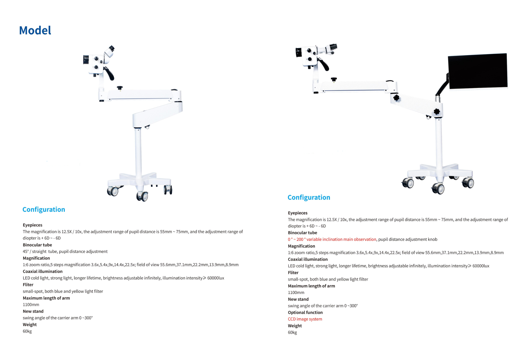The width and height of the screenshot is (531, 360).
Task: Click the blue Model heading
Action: (x=35, y=31)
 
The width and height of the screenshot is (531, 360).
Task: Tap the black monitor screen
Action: (x=477, y=71)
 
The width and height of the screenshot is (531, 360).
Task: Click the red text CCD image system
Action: (x=305, y=319)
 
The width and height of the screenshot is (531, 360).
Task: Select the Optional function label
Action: (x=305, y=313)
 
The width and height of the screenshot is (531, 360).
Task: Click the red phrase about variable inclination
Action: (x=332, y=239)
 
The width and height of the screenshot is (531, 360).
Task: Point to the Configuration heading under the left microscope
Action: (x=44, y=210)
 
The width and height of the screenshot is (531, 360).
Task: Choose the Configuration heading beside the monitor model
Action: (x=309, y=197)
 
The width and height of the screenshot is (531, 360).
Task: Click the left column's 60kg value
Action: (x=27, y=331)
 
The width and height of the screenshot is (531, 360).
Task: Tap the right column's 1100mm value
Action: (x=296, y=293)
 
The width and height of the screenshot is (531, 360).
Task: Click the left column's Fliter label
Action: (x=28, y=285)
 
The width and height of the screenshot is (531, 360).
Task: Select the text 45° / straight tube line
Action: (x=65, y=251)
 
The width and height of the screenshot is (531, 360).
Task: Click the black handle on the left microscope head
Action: (x=109, y=74)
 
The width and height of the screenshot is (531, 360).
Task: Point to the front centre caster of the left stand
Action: (x=143, y=196)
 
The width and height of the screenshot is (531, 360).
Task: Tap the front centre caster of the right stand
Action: (x=438, y=189)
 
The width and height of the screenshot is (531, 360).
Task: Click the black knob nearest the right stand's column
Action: (x=437, y=112)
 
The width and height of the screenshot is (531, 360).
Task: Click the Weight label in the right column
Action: (x=295, y=326)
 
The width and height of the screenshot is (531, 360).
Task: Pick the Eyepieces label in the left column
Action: (x=32, y=225)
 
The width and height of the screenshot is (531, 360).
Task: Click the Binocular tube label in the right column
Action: (x=302, y=233)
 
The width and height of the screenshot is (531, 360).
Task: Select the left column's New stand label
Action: (x=33, y=311)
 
